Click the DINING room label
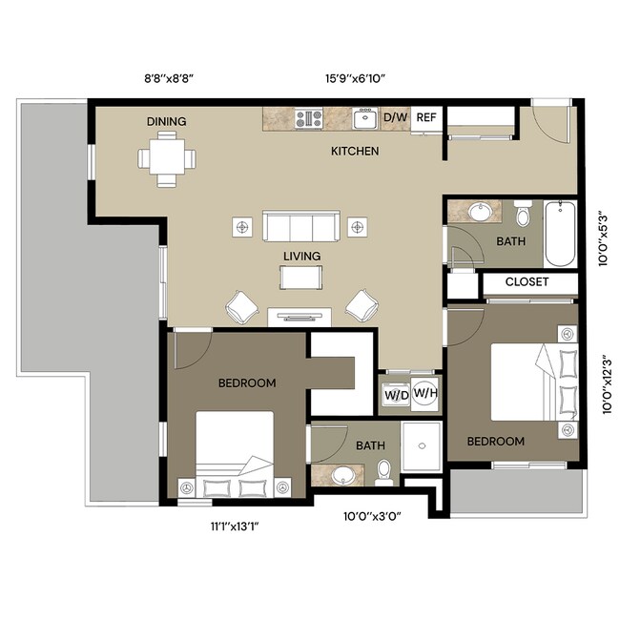pyautogui.click(x=167, y=121)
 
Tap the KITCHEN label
pyautogui.click(x=355, y=151)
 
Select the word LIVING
pyautogui.click(x=301, y=257)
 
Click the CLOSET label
pyautogui.click(x=527, y=282)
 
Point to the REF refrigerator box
pyautogui.click(x=426, y=119)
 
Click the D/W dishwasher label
pyautogui.click(x=396, y=117)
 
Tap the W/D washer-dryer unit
pyautogui.click(x=396, y=395)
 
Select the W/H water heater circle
pyautogui.click(x=425, y=393)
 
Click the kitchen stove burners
pyautogui.click(x=309, y=118)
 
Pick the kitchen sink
pyautogui.click(x=365, y=118)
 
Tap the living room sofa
pyautogui.click(x=301, y=226)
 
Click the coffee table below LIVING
pyautogui.click(x=300, y=278)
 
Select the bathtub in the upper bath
pyautogui.click(x=560, y=234)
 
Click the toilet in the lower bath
pyautogui.click(x=383, y=472)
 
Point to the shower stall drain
pyautogui.click(x=422, y=446)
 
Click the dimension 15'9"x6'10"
pyautogui.click(x=355, y=78)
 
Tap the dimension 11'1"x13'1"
pyautogui.click(x=235, y=527)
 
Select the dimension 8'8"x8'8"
pyautogui.click(x=169, y=78)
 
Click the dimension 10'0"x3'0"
pyautogui.click(x=372, y=516)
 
